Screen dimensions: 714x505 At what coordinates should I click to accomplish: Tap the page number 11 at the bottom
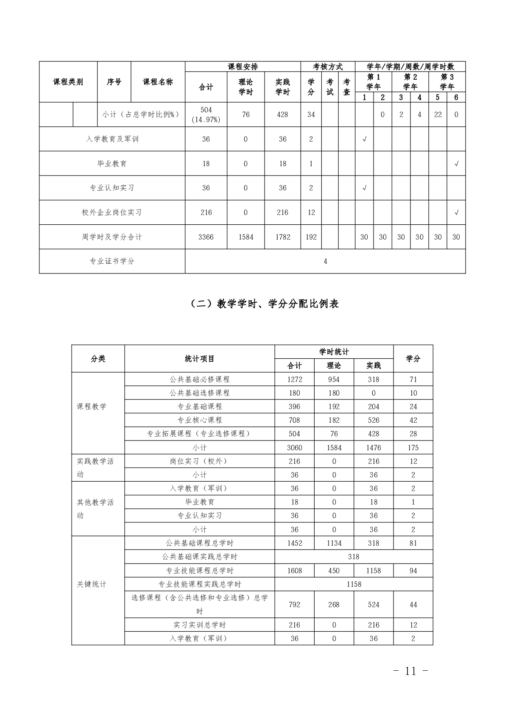pyautogui.click(x=410, y=671)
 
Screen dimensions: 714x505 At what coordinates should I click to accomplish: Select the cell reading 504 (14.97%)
pyautogui.click(x=206, y=114)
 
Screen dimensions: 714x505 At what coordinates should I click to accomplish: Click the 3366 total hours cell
pyautogui.click(x=206, y=237)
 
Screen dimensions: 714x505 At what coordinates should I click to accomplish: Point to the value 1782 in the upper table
pyautogui.click(x=283, y=237)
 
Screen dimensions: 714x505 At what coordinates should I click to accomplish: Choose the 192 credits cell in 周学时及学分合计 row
pyautogui.click(x=311, y=237)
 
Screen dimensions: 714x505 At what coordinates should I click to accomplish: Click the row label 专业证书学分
pyautogui.click(x=112, y=261)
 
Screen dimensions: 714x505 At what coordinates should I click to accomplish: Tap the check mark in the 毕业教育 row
pyautogui.click(x=456, y=164)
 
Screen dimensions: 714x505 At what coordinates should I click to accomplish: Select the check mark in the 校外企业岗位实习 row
pyautogui.click(x=456, y=212)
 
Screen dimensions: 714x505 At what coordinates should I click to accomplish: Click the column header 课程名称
pyautogui.click(x=158, y=82)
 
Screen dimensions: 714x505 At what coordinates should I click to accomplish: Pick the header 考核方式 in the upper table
pyautogui.click(x=328, y=67)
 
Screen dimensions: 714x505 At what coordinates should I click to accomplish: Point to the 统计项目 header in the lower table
pyautogui.click(x=200, y=359)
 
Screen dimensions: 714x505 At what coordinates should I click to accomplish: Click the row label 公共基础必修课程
pyautogui.click(x=200, y=379)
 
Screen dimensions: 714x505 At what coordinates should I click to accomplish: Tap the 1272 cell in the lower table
pyautogui.click(x=295, y=379)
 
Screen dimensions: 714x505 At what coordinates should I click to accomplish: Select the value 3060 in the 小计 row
pyautogui.click(x=295, y=448)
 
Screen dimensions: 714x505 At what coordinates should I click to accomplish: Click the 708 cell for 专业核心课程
pyautogui.click(x=295, y=420)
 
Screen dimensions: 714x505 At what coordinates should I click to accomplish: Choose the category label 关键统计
pyautogui.click(x=92, y=584)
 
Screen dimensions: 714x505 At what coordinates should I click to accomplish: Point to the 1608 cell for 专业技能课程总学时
pyautogui.click(x=295, y=571)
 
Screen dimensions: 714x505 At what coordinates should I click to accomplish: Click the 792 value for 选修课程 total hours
pyautogui.click(x=295, y=605)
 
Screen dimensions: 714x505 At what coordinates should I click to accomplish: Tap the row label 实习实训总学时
pyautogui.click(x=200, y=625)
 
